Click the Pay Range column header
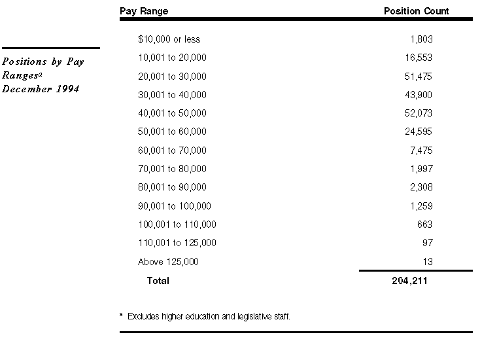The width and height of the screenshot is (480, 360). [144, 11]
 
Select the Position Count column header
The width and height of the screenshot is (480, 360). [416, 11]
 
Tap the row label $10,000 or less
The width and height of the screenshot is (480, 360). [169, 39]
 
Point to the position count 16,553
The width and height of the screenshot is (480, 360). [419, 58]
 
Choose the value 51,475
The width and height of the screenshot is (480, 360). [419, 77]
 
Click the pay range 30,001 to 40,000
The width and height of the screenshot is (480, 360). [172, 95]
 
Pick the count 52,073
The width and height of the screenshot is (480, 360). [419, 113]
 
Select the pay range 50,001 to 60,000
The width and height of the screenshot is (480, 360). [172, 132]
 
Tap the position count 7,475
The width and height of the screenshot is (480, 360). [420, 151]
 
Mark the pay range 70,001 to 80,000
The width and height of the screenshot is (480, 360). [172, 169]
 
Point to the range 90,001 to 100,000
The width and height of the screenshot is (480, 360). [175, 206]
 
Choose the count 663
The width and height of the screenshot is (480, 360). [424, 225]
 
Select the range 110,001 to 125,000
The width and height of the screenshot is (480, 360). [177, 243]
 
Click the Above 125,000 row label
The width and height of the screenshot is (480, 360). [168, 262]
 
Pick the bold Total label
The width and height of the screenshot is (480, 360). [158, 281]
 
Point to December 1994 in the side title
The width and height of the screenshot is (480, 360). [41, 89]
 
